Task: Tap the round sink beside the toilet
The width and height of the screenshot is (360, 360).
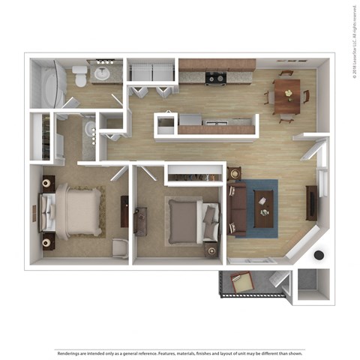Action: (102, 75)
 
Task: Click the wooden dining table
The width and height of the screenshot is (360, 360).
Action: (286, 95)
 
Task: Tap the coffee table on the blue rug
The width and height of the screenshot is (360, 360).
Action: (263, 204)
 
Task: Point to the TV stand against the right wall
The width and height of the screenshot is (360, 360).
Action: (311, 202)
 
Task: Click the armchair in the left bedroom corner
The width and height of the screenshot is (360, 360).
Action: (120, 247)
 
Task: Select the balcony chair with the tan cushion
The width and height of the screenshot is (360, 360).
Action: (242, 284)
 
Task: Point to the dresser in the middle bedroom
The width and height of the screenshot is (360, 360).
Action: (140, 221)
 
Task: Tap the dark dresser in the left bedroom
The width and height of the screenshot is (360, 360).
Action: (49, 183)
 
